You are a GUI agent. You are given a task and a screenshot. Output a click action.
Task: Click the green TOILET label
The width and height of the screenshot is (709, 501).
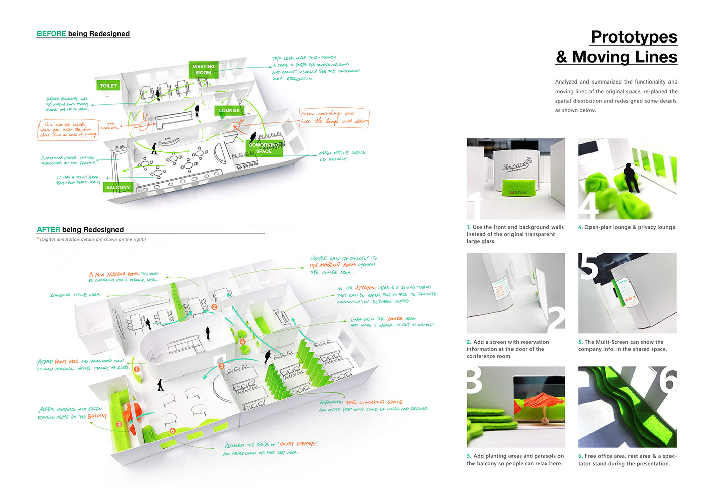pos(108,86)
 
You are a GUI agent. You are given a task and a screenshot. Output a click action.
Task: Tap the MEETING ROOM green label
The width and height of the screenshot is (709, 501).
pos(204,70)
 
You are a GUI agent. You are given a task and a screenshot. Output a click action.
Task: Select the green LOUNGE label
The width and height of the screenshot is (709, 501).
pos(229,110)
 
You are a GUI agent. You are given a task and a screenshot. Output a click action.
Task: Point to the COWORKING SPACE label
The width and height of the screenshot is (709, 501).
pos(264,148)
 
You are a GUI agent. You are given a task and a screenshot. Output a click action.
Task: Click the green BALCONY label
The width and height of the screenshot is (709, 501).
pos(118,187)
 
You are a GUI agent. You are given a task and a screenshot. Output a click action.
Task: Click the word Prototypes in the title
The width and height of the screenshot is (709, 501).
pos(634,37)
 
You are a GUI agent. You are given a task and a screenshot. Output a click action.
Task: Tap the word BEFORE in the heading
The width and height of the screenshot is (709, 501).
pos(51,34)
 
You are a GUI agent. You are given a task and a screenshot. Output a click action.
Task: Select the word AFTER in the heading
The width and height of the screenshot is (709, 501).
pos(48,230)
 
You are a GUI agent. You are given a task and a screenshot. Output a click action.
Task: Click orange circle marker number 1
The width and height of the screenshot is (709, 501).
pos(136,369)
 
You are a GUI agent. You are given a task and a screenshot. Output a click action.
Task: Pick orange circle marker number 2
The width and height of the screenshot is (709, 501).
pos(214,307)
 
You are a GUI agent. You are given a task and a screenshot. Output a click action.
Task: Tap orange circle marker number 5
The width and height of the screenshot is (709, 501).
pos(221,366)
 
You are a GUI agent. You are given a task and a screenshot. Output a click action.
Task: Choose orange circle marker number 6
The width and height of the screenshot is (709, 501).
pos(172,431)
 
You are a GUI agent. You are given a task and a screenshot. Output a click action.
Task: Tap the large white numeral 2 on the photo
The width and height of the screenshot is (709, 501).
pos(556,319)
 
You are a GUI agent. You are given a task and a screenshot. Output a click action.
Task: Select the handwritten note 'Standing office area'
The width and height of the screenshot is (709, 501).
pos(75,295)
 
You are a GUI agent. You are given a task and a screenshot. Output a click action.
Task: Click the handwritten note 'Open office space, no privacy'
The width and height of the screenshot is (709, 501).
pos(343,156)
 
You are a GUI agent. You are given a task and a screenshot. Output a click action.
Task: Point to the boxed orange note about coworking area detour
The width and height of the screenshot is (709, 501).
pos(334,118)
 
